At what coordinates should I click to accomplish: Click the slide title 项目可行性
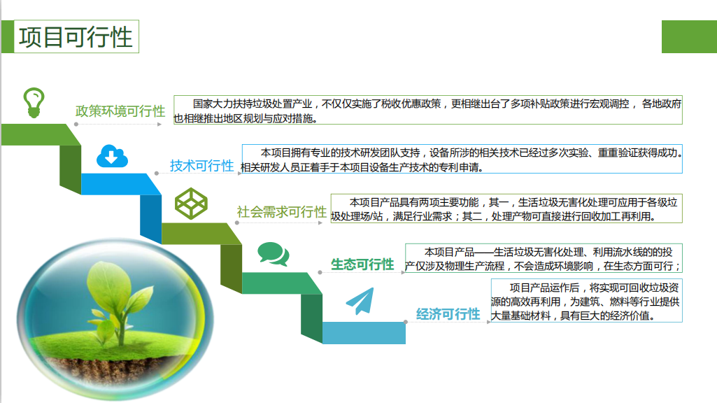[76, 37]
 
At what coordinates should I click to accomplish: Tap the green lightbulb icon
[34, 103]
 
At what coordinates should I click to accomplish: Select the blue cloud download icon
[112, 156]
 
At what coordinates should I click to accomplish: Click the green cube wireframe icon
[191, 203]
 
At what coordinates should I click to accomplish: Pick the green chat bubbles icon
[273, 254]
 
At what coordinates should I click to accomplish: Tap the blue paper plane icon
[360, 301]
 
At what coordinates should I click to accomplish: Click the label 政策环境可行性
[120, 111]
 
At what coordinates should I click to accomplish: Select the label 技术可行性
[201, 166]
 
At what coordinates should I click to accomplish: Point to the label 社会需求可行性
[282, 212]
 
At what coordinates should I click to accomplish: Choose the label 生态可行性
[362, 264]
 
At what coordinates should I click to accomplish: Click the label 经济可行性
[448, 314]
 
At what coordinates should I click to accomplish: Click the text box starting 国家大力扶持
[428, 110]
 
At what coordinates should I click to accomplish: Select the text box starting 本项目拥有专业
[462, 159]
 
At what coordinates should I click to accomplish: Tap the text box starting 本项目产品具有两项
[506, 208]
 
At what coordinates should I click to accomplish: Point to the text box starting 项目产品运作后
[587, 301]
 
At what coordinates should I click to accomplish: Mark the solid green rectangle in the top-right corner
[689, 36]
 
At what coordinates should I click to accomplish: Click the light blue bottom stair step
[364, 333]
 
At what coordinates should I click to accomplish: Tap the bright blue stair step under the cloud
[121, 184]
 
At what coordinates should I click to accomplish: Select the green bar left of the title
[8, 36]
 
